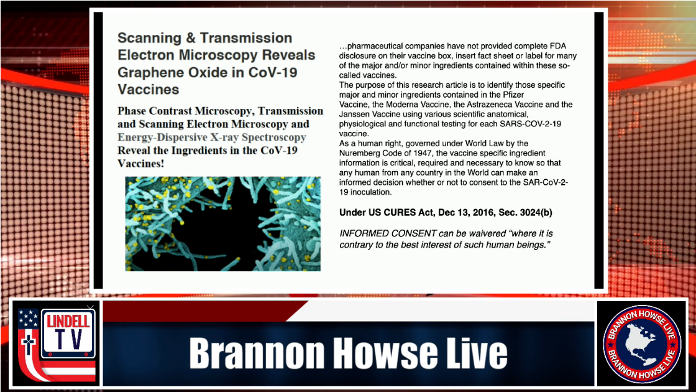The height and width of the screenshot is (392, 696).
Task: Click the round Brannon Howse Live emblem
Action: point(641,343)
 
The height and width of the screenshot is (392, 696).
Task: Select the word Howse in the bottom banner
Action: point(385,353)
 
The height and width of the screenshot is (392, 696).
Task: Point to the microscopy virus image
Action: point(223,223)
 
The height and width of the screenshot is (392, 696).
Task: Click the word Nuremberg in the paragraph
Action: point(358,153)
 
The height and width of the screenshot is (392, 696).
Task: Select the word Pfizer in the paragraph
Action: point(513,95)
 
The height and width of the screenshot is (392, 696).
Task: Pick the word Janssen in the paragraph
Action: point(354,114)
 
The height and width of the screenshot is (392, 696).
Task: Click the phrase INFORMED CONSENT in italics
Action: point(388,233)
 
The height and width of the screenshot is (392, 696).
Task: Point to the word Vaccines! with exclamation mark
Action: point(140,164)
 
